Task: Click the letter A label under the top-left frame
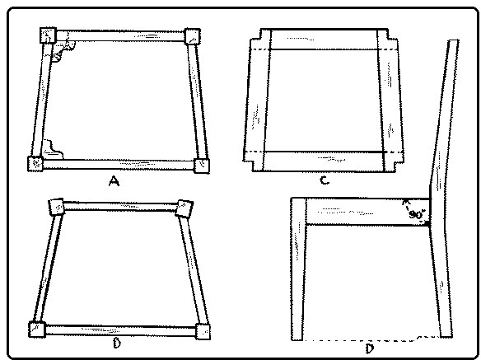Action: click(x=114, y=181)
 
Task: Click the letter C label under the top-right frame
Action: click(x=325, y=180)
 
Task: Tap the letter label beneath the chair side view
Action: click(x=370, y=348)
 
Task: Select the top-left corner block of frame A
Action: click(x=48, y=35)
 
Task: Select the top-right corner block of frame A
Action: click(x=193, y=36)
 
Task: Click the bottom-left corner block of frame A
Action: click(x=35, y=163)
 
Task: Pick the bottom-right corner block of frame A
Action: click(x=202, y=166)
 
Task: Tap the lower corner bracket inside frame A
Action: click(x=52, y=150)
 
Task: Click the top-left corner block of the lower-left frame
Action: click(x=57, y=207)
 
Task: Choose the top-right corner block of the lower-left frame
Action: click(x=185, y=208)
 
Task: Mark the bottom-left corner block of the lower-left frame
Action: click(x=37, y=330)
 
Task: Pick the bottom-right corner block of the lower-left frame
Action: click(x=203, y=332)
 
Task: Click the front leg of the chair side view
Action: click(x=298, y=269)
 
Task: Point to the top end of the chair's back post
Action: click(x=454, y=40)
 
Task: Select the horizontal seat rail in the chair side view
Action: click(x=368, y=212)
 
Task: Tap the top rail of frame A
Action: click(x=120, y=36)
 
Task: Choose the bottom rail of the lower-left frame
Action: click(x=120, y=330)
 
